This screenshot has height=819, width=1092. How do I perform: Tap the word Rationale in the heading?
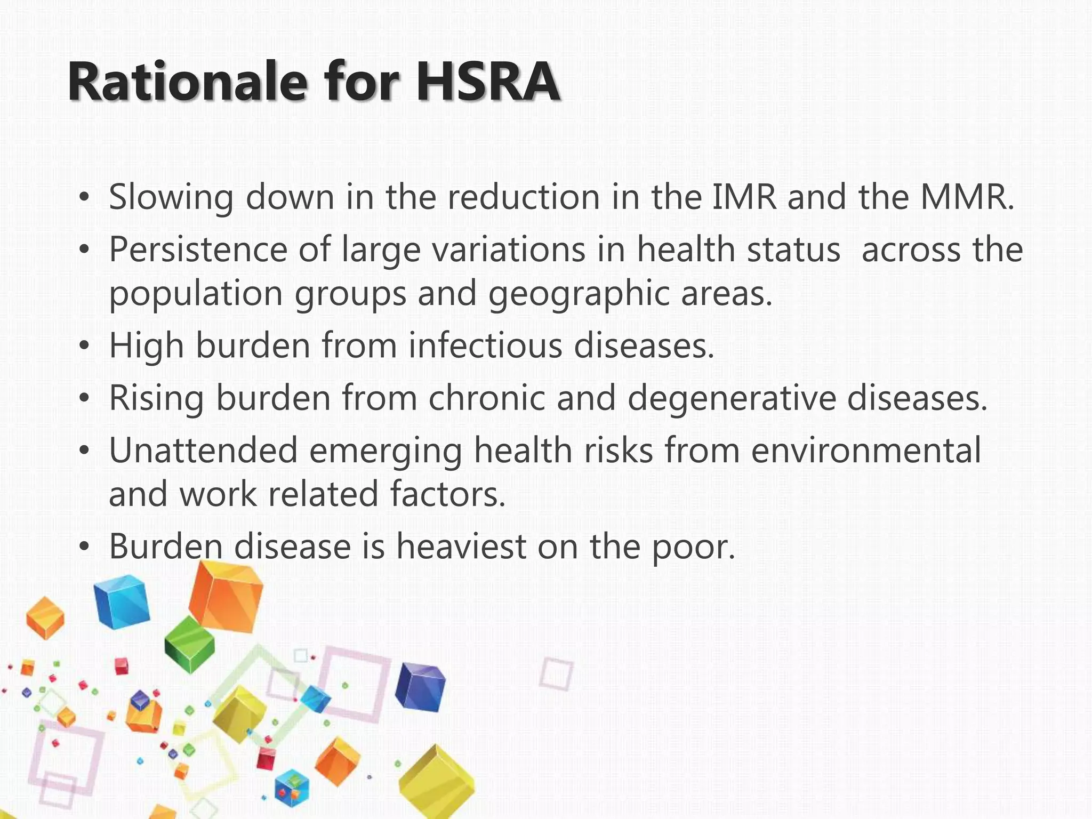click(x=187, y=83)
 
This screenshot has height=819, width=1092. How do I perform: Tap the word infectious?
click(x=485, y=346)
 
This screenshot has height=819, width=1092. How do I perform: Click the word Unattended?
click(x=203, y=450)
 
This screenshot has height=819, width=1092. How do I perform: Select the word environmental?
click(x=866, y=450)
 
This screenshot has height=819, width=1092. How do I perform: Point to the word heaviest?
click(x=461, y=547)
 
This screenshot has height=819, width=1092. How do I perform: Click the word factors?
click(x=448, y=494)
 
